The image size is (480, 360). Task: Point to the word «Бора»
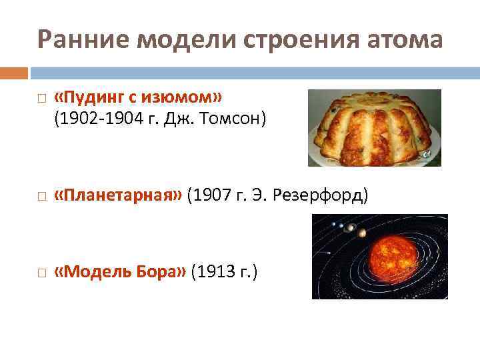click(161, 271)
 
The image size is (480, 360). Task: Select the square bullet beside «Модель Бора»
click(41, 272)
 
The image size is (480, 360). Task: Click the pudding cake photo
click(374, 127)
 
